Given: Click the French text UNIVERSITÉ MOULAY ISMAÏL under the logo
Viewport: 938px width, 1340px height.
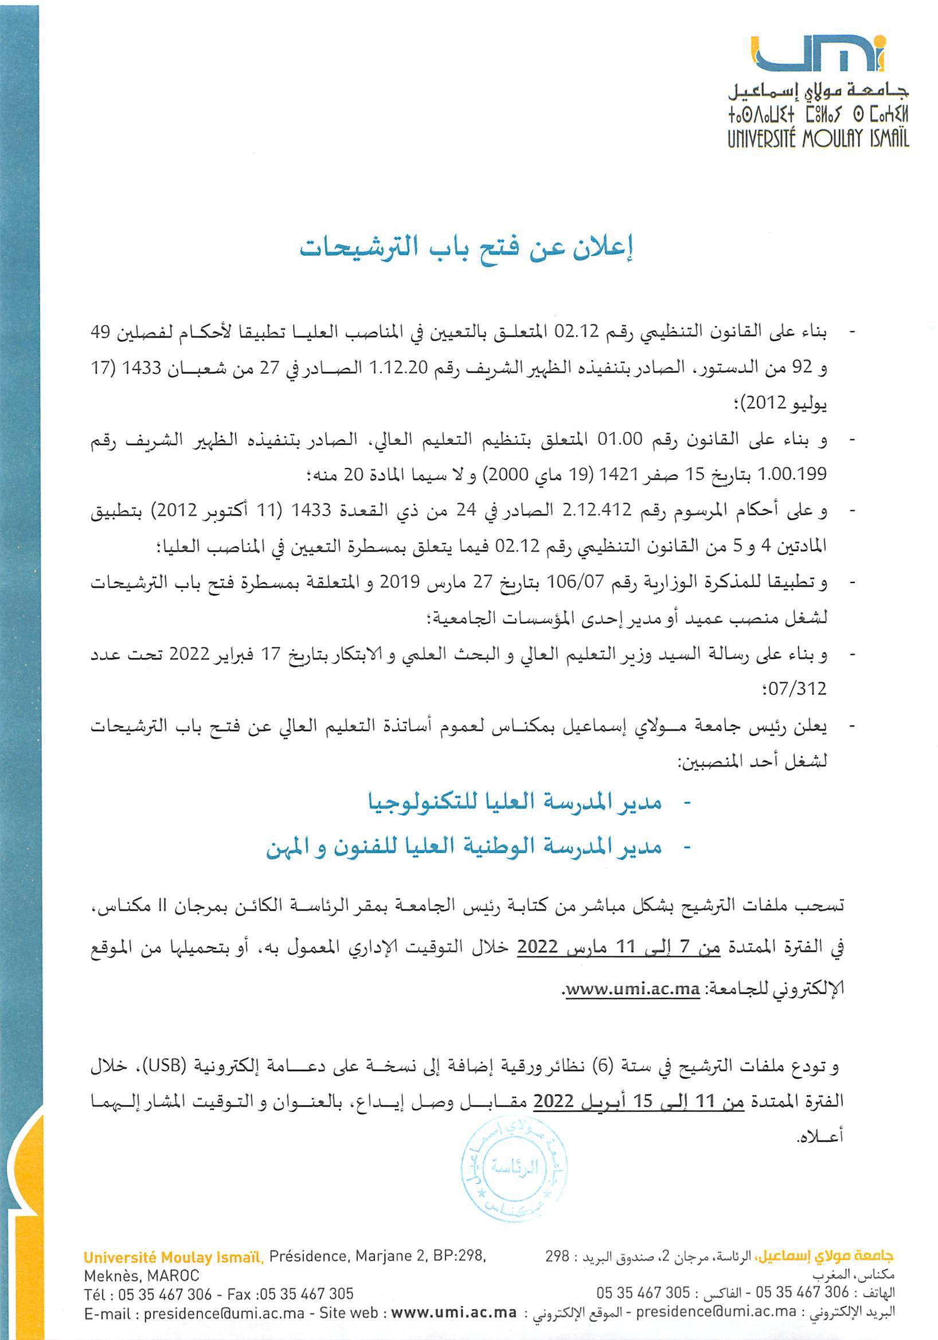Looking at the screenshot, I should pos(817,139).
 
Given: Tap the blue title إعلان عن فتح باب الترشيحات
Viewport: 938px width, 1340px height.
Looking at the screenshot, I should pos(467,248).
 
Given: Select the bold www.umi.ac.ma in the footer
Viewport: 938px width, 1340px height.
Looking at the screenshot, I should pos(454,1313).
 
